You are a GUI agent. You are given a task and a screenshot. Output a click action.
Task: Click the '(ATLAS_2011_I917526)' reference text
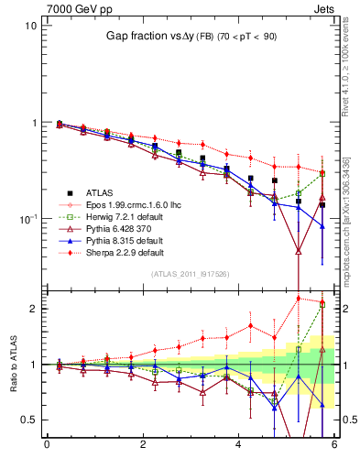click(190, 274)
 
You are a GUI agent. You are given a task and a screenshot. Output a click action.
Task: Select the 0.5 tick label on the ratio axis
click(27, 420)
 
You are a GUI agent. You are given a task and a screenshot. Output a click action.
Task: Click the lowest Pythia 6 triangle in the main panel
click(299, 250)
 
